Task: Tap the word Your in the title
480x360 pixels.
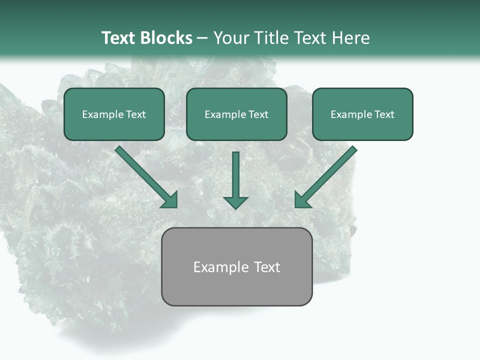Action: coord(232,38)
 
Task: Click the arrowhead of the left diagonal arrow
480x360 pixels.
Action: coord(170,200)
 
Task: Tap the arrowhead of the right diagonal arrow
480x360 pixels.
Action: coord(302,200)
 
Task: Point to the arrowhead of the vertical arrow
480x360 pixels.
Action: coord(235,202)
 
